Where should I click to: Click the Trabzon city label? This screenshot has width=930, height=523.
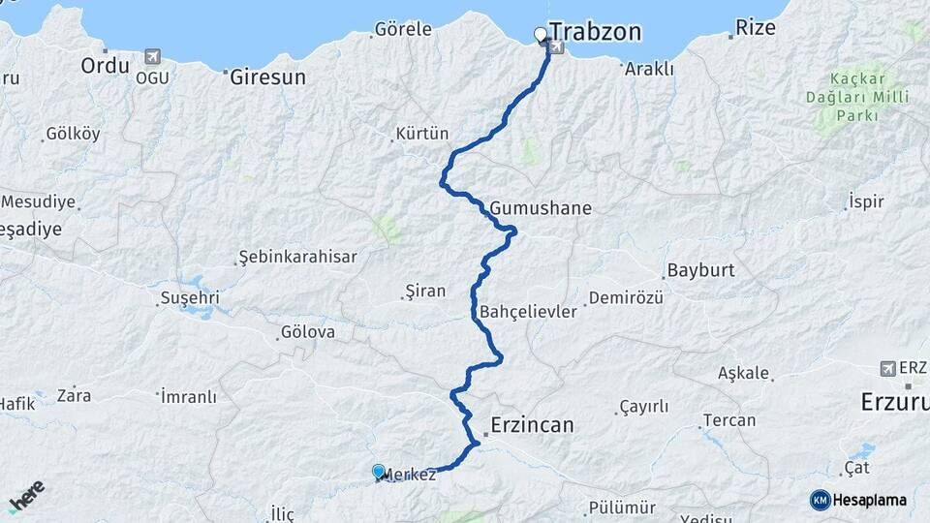pos(595,32)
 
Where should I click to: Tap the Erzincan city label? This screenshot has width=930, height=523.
pos(532,425)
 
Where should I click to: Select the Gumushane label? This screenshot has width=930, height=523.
pos(541,208)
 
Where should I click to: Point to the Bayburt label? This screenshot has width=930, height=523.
pos(700,270)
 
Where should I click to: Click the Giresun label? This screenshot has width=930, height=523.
pos(267,77)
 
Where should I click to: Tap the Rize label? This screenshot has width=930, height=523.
pos(756,27)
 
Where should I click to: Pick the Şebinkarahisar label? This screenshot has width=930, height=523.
pos(297,258)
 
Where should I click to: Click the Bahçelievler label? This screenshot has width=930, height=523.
pos(529,312)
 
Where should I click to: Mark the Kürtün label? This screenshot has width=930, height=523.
pos(422,134)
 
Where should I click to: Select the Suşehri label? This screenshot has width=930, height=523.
pos(190,296)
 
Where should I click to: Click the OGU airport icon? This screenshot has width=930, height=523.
pos(151,57)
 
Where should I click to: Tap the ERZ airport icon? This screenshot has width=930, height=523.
pos(887,369)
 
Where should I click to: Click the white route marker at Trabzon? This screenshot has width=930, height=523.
pos(541,35)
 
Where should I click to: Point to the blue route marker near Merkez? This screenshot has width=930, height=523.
pos(378,470)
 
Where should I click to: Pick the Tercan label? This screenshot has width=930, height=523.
pos(728,420)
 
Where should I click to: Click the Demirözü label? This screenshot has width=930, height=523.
pos(626,298)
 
